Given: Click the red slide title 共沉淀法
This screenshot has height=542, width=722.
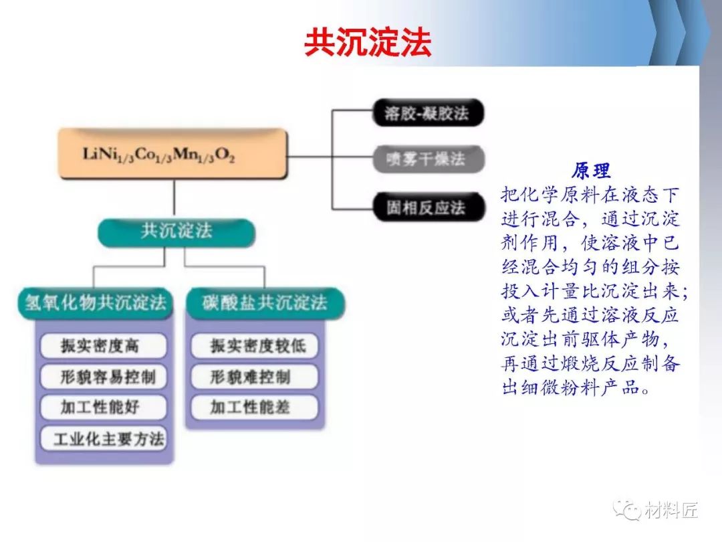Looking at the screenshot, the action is (368, 42).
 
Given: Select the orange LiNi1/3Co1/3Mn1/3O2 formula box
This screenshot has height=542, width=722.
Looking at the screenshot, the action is (172, 153).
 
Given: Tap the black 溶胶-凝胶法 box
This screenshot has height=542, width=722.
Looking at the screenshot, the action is (428, 112).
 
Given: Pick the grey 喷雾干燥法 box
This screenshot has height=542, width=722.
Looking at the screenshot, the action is (429, 159).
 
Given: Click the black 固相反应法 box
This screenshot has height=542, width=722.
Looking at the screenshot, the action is (429, 207).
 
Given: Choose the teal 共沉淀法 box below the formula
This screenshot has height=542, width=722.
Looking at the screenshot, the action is (176, 232).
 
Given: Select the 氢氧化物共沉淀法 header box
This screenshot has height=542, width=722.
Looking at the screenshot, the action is (96, 303).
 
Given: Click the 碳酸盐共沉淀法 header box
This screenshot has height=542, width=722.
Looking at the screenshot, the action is (265, 303).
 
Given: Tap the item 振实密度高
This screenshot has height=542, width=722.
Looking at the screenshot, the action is (103, 346).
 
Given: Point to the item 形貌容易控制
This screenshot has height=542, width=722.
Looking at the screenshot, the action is (103, 377).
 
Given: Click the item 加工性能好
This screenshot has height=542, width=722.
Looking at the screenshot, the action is (103, 408).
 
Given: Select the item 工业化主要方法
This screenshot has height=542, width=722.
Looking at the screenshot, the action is (103, 438).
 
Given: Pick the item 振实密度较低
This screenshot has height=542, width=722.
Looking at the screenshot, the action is (255, 346).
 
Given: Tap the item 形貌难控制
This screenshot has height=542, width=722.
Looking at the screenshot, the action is (255, 377).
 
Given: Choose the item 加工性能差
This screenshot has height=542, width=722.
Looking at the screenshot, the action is (255, 408).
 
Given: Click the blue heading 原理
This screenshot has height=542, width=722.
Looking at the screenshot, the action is (591, 171).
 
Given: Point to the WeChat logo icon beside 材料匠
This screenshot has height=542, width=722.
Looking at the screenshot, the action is (626, 510).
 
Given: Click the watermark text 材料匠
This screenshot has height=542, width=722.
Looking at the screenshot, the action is (671, 510).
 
